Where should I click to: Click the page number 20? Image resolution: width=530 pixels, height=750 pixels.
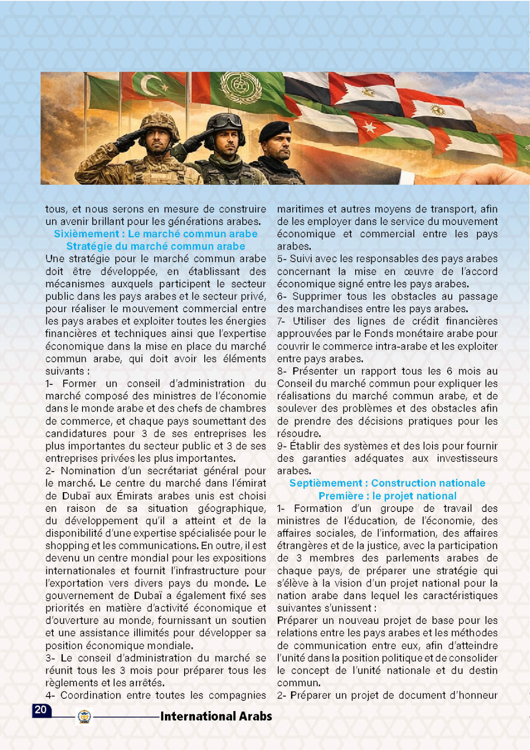(x=41, y=710)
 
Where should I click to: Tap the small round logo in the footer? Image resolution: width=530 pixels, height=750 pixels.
(x=84, y=716)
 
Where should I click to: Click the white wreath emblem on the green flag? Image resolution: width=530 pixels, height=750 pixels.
(x=240, y=88)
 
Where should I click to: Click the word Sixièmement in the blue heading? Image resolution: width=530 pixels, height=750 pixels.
(x=87, y=234)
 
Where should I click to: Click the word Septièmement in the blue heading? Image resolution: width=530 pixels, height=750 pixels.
(x=326, y=483)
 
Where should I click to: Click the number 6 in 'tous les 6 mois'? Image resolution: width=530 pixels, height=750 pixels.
(x=449, y=371)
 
